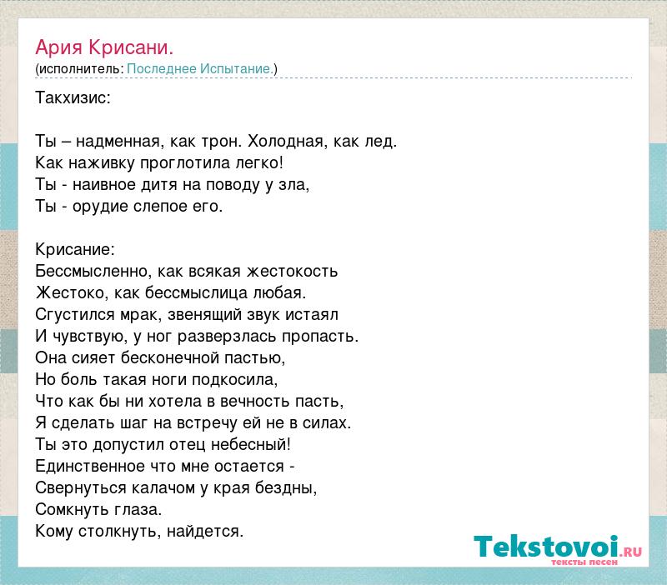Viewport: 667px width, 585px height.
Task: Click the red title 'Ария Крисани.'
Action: click(x=104, y=47)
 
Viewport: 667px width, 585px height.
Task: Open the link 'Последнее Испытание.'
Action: click(x=200, y=69)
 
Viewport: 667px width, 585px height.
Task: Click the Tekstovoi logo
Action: click(x=558, y=550)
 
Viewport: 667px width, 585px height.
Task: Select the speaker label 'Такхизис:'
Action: click(x=73, y=97)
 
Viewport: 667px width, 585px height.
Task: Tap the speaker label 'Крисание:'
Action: click(x=75, y=249)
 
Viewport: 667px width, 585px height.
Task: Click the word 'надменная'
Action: click(x=118, y=141)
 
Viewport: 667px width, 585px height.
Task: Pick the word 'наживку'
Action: click(x=102, y=162)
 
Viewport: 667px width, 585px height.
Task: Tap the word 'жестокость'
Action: click(x=293, y=271)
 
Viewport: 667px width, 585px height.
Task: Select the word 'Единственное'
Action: click(x=92, y=467)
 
